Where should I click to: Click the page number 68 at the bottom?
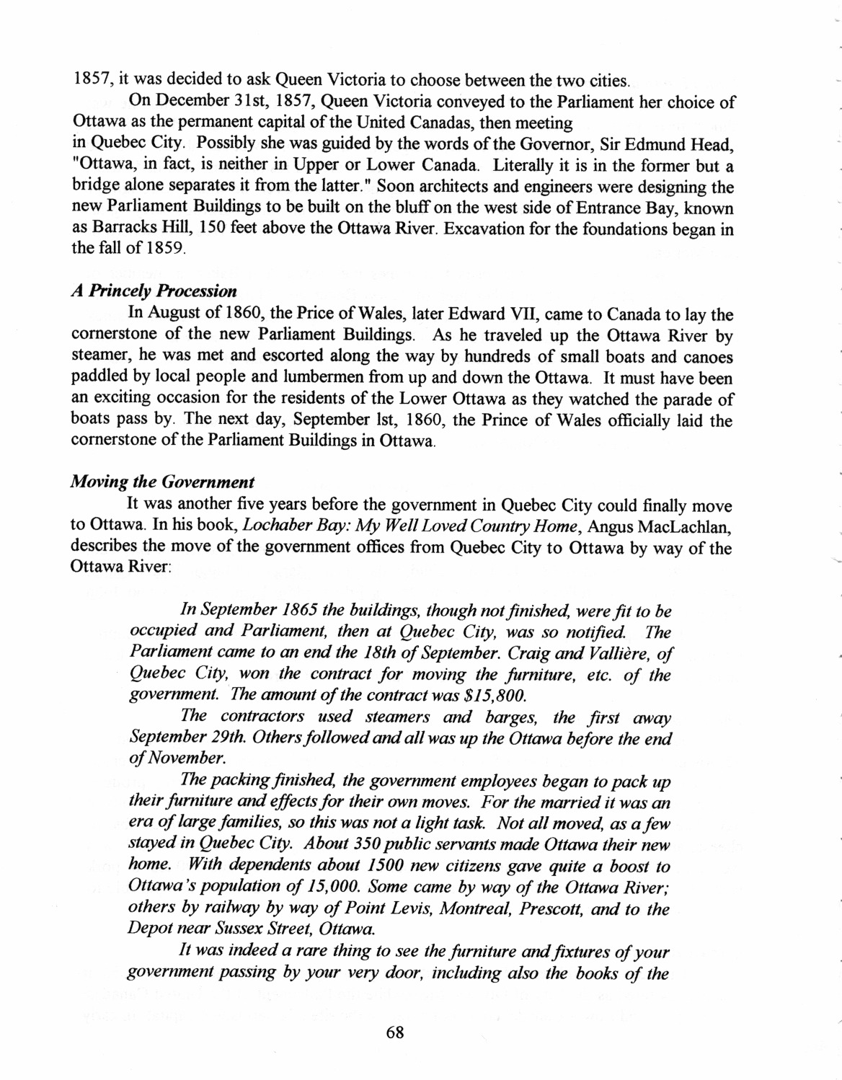coord(394,1032)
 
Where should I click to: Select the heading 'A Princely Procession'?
coord(154,291)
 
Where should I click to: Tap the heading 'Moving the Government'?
coord(162,482)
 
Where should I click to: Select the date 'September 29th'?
coord(172,738)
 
